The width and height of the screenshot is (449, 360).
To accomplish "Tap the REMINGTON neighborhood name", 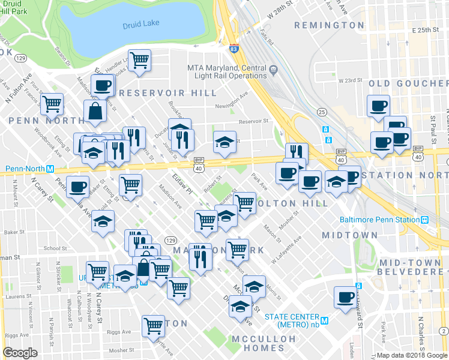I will pyautogui.click(x=330, y=26).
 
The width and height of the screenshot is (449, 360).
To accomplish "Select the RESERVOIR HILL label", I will pyautogui.click(x=167, y=93).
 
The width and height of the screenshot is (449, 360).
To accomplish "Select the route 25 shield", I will pyautogui.click(x=322, y=112).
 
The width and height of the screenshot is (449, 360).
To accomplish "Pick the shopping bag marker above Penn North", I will pyautogui.click(x=95, y=110).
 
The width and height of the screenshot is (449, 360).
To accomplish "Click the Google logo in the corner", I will pyautogui.click(x=20, y=353).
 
